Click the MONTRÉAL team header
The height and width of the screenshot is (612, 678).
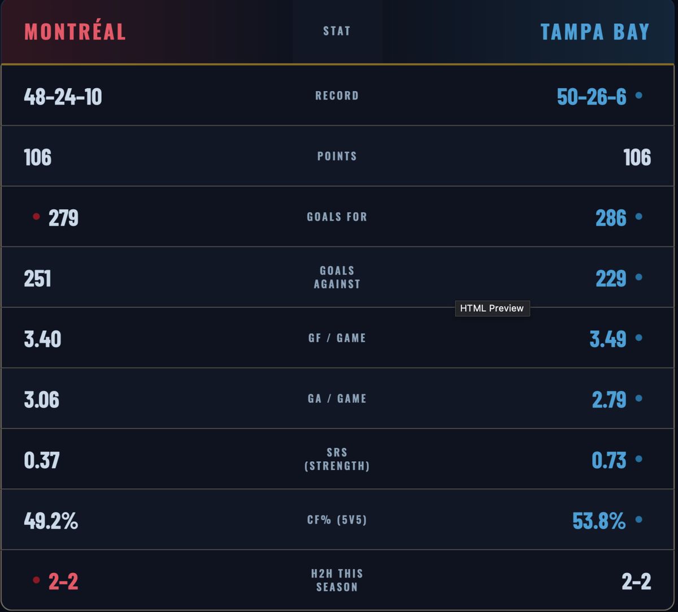click(75, 32)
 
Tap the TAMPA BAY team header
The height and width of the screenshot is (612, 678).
click(595, 32)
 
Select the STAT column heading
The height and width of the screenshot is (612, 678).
click(337, 31)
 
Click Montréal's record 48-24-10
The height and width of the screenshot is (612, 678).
click(63, 97)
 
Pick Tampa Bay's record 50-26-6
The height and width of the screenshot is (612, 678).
click(592, 97)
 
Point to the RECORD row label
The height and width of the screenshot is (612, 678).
click(337, 96)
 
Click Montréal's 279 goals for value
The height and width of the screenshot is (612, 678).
click(63, 218)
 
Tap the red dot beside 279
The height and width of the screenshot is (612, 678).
click(37, 216)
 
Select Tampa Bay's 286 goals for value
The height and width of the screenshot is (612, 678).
click(611, 218)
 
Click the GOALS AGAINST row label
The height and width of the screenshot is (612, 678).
click(337, 277)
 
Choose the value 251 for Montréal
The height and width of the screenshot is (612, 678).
click(37, 278)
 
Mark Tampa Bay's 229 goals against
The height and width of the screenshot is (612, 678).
click(611, 278)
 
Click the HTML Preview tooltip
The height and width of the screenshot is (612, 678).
click(492, 308)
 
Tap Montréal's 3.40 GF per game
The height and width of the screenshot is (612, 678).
click(42, 339)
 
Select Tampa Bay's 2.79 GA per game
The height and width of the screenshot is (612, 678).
click(609, 400)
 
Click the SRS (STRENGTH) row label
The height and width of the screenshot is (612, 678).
click(337, 459)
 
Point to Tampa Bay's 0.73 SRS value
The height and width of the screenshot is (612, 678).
click(609, 460)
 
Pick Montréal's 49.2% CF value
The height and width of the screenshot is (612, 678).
click(51, 520)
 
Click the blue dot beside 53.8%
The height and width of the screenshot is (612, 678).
click(639, 519)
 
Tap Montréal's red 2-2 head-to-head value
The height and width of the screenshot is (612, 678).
click(63, 581)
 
